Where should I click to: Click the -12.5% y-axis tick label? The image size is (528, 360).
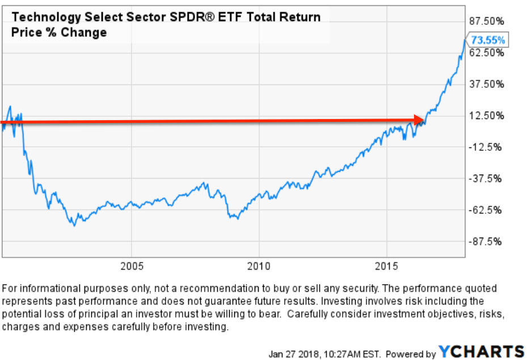(485, 147)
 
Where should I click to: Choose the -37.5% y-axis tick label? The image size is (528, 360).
(485, 179)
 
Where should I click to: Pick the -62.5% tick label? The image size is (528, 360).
(485, 210)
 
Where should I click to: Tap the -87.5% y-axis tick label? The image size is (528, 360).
(485, 242)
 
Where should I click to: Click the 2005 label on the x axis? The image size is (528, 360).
(131, 266)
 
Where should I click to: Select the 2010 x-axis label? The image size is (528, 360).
(259, 266)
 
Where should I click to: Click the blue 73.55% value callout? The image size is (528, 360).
(488, 40)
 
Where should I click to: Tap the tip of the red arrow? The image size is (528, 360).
(424, 120)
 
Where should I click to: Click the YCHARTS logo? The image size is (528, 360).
(481, 351)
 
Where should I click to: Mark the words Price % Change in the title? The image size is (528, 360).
(59, 32)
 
